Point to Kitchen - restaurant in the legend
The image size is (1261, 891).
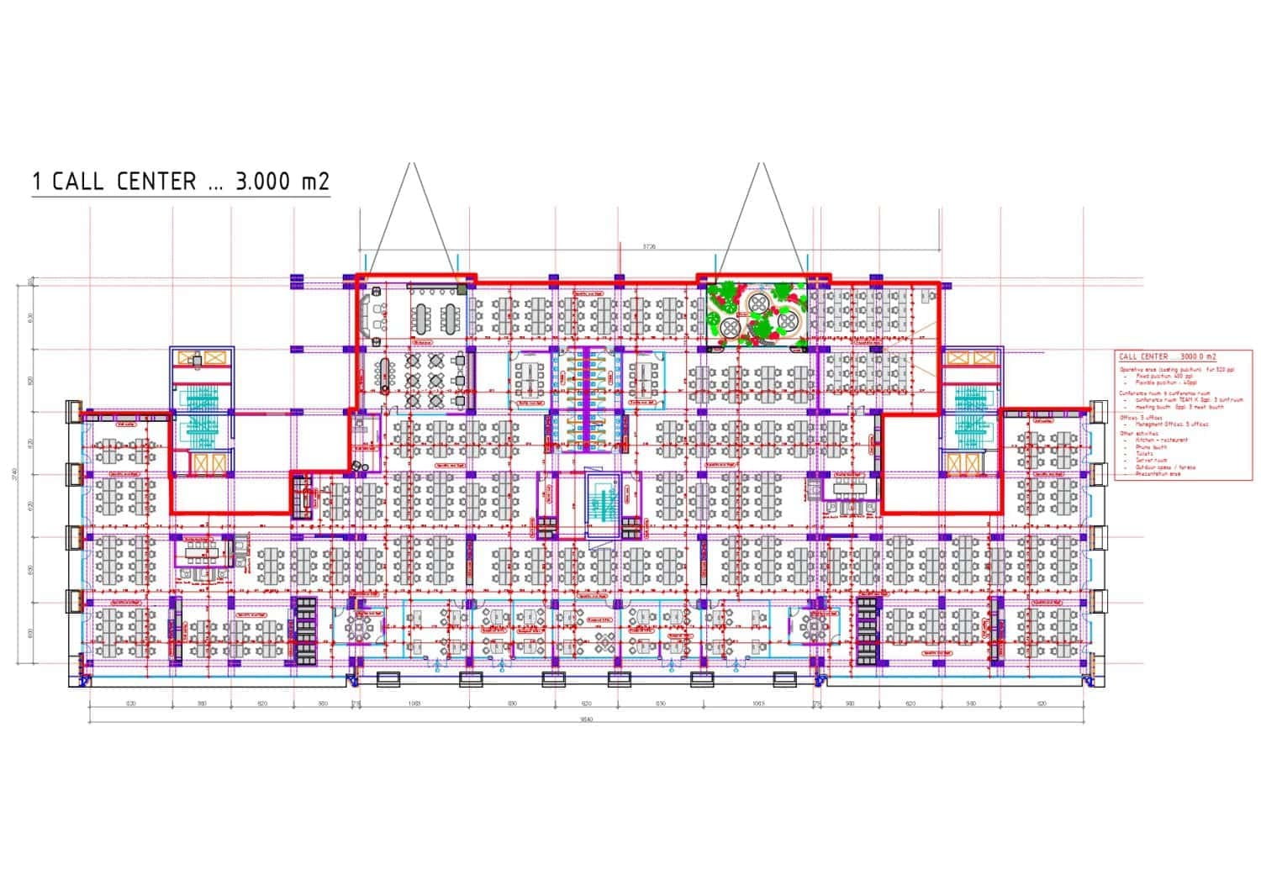coord(1161,440)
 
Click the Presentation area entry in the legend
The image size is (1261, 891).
coord(1158,474)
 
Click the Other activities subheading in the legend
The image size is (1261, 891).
coord(1139,434)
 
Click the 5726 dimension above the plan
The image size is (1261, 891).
coord(648,246)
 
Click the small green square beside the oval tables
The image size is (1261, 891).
coord(462,290)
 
